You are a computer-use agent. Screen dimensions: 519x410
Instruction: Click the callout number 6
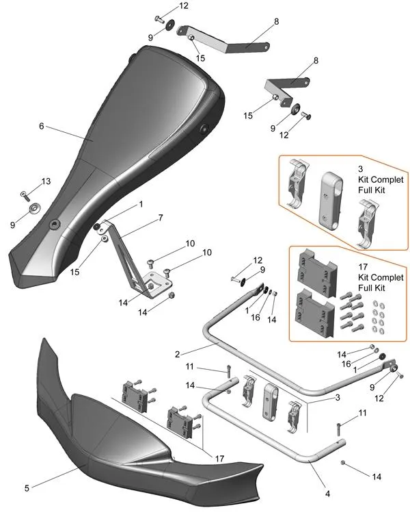(x=41, y=126)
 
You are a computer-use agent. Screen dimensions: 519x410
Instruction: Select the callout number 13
(x=46, y=181)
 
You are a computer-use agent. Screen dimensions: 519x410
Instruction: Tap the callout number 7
(x=160, y=217)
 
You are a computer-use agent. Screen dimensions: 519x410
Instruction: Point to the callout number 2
(x=177, y=354)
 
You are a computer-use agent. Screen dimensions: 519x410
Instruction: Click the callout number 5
(x=27, y=488)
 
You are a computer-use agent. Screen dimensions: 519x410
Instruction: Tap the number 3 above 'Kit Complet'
(x=360, y=168)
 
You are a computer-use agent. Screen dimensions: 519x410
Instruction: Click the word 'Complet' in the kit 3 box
(x=380, y=178)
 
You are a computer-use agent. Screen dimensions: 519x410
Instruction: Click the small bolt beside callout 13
(x=25, y=194)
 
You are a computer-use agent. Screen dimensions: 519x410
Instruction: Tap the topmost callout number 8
(x=276, y=22)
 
